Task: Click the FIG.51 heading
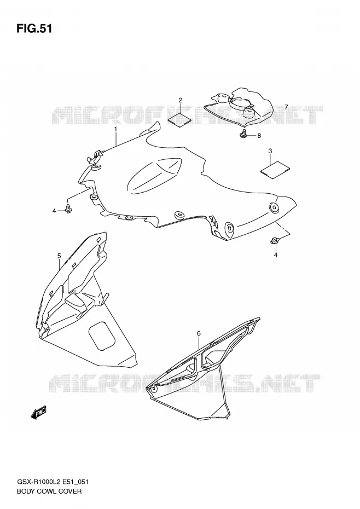point(34,29)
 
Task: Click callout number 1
point(115,129)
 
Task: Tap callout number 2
point(180,100)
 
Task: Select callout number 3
point(270,151)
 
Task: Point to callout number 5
point(59,256)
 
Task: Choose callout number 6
point(199,333)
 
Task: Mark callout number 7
point(286,107)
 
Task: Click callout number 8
point(259,136)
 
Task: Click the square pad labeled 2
point(179,119)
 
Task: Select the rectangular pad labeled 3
point(275,169)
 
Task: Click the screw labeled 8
point(243,133)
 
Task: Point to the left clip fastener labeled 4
point(68,209)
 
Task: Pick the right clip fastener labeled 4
point(274,241)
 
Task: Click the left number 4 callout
point(54,211)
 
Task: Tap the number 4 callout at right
point(275,255)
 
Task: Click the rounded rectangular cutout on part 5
point(102,336)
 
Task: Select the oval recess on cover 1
point(154,175)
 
